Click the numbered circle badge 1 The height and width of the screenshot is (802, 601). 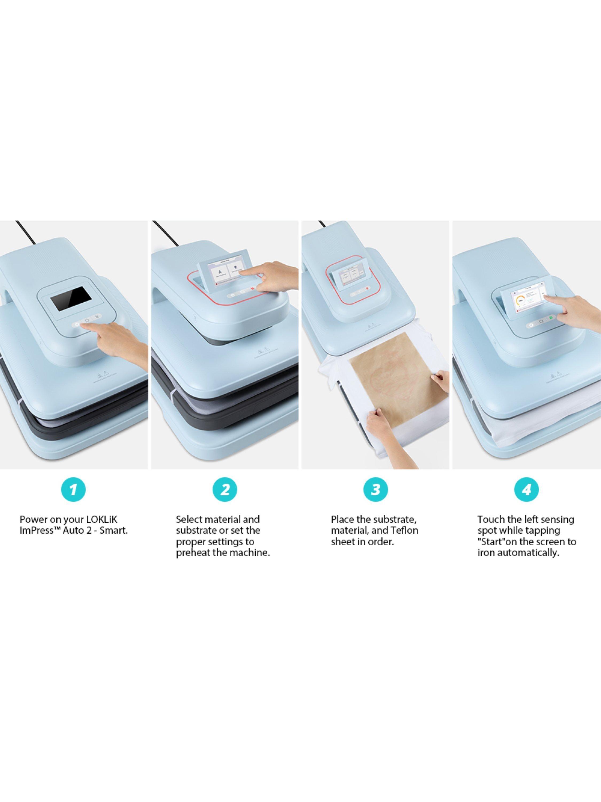click(73, 490)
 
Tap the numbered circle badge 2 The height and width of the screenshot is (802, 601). click(225, 490)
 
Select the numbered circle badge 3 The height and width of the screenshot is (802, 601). click(376, 490)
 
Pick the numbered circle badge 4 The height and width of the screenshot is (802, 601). click(526, 490)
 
